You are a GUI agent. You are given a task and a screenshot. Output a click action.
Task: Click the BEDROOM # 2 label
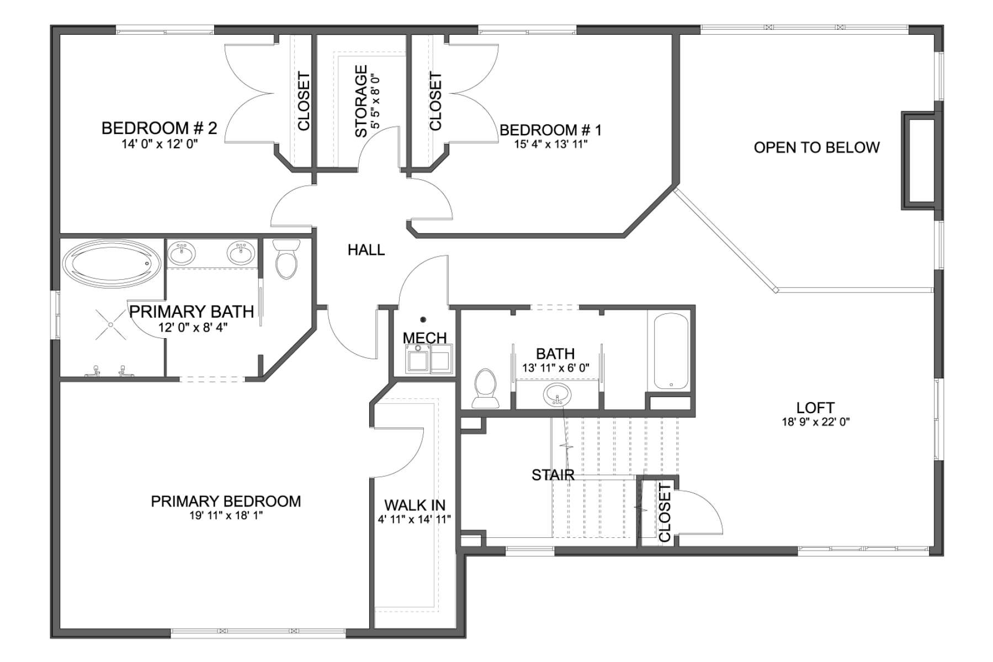159,128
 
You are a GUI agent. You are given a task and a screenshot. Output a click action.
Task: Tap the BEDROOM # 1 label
550,130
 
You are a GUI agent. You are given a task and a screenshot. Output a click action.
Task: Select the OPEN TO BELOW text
816,147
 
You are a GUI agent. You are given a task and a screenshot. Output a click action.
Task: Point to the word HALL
366,250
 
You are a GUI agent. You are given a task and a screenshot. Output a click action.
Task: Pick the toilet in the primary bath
286,259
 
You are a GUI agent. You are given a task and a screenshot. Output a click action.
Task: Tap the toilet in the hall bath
486,388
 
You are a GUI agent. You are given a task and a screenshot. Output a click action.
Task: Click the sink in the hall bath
556,395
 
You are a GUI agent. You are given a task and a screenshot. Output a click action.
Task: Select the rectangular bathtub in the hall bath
671,351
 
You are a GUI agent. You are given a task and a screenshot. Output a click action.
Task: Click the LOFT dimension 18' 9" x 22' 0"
816,423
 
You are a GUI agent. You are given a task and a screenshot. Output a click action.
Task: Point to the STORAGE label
361,101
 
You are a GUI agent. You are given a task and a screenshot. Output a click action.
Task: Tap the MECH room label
424,338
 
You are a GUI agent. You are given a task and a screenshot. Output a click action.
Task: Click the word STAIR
553,475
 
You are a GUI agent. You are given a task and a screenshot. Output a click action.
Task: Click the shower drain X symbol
110,324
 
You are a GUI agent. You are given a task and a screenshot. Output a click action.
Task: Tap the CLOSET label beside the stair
665,512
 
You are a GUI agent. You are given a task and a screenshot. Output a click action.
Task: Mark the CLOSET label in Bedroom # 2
304,102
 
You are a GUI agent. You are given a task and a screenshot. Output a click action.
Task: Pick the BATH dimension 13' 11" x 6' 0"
556,368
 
